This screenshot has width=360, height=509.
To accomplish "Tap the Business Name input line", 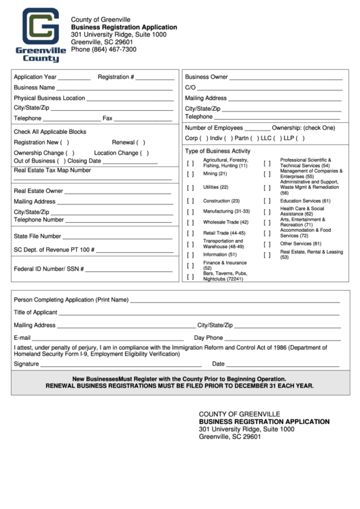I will pyautogui.click(x=114, y=88).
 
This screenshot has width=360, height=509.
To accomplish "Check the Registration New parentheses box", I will pyautogui.click(x=65, y=143).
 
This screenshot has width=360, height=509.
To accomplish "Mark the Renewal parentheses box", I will pyautogui.click(x=142, y=143).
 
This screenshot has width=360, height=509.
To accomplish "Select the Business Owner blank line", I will pyautogui.click(x=286, y=78).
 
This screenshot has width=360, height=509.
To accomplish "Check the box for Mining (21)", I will pyautogui.click(x=191, y=174).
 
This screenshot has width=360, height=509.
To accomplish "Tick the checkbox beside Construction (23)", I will pyautogui.click(x=191, y=201).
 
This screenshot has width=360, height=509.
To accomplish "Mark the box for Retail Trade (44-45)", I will pyautogui.click(x=191, y=233).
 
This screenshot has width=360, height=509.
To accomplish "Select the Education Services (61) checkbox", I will pyautogui.click(x=267, y=201).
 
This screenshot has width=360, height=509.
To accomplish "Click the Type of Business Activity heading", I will pyautogui.click(x=218, y=151).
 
